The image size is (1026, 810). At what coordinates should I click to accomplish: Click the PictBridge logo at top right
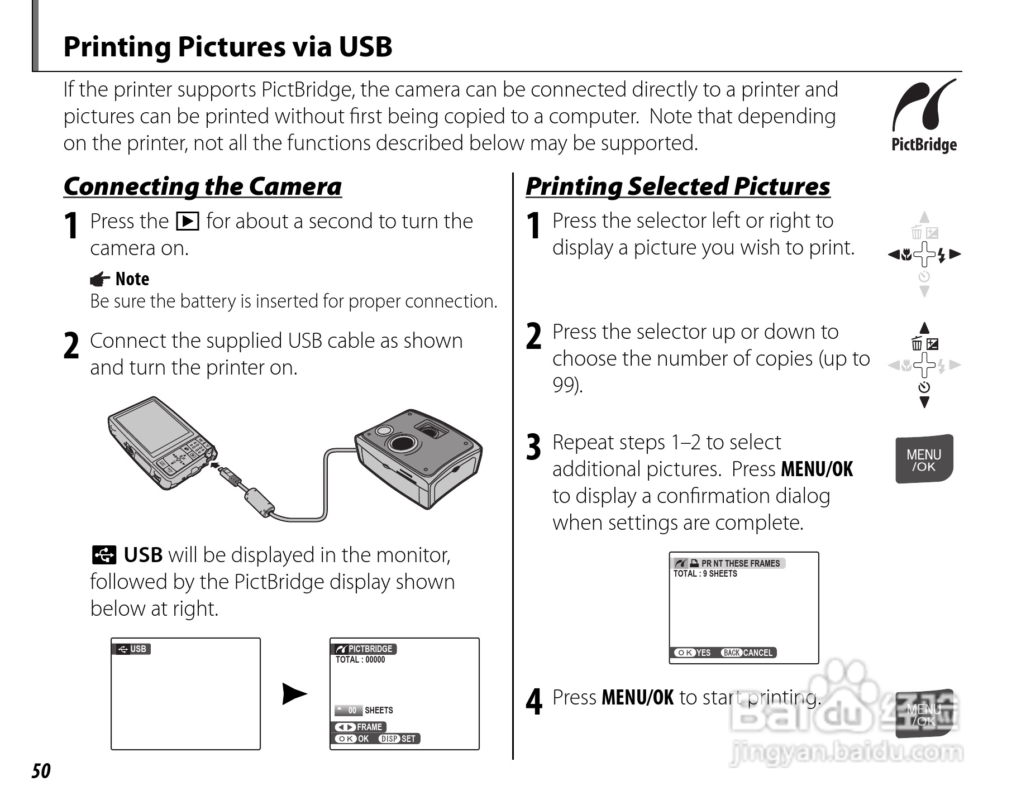point(924,116)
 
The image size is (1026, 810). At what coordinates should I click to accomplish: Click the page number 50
point(41,771)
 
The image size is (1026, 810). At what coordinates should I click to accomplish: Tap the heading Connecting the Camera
point(202,186)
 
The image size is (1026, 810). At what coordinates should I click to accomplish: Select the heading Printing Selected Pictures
point(677,186)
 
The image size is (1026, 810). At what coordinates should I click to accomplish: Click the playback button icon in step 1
point(187,222)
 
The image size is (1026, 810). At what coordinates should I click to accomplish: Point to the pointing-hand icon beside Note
point(100,279)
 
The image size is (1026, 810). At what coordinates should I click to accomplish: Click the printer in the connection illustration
point(418,458)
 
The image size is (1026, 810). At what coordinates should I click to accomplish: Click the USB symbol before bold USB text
point(104,555)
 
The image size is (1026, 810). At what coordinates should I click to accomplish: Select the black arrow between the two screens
point(294,694)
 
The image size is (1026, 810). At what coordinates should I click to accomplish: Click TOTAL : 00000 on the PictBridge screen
point(360,660)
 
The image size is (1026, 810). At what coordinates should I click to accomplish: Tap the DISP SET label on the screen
point(398,739)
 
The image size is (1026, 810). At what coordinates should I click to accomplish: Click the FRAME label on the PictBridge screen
point(360,727)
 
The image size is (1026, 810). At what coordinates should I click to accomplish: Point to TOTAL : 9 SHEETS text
point(705,574)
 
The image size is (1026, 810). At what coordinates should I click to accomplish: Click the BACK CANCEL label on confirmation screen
point(747,653)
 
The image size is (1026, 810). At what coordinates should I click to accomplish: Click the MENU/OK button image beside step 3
point(924,458)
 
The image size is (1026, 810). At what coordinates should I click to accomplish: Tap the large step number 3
point(534,448)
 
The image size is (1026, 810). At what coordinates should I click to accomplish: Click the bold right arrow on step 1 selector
point(955,255)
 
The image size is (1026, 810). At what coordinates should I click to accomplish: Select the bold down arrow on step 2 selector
point(924,402)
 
